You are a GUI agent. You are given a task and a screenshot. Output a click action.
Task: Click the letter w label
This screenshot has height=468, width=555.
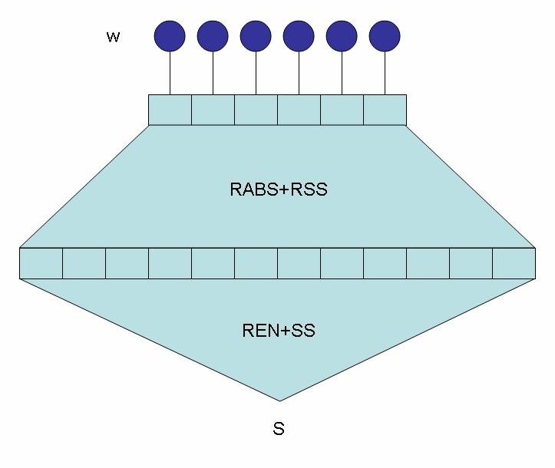point(113,37)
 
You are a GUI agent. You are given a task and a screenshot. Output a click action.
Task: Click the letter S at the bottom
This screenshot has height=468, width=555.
point(279,429)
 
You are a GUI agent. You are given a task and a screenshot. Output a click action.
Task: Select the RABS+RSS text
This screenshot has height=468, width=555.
point(279,190)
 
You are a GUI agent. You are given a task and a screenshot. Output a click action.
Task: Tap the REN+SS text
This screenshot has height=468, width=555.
point(279,331)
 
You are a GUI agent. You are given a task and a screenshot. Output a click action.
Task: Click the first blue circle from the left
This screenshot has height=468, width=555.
point(170,35)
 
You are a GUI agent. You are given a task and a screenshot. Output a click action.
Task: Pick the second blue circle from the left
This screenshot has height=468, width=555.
point(213,35)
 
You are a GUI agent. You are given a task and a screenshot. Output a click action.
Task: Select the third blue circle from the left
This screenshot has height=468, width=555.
point(256,35)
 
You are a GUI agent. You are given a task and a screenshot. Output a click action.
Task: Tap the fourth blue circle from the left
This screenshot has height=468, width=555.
point(299,35)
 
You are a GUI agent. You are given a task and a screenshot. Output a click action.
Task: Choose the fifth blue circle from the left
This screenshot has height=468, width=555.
point(342,35)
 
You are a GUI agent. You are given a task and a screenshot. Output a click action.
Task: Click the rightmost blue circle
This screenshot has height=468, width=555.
point(385,35)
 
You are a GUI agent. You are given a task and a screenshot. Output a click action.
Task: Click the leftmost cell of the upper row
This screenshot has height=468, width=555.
point(170,110)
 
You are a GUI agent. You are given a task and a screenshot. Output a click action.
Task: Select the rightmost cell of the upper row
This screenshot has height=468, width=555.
point(385,110)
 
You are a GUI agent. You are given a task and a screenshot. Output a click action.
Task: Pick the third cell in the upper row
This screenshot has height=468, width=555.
point(256,110)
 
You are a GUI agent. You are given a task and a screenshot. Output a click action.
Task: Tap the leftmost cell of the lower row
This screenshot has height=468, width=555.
point(41,263)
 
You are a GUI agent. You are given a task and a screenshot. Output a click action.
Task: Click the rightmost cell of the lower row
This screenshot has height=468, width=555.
point(514,263)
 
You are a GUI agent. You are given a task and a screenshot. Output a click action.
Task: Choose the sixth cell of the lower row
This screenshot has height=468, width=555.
point(256,263)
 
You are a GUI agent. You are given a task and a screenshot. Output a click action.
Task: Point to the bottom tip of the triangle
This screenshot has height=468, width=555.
point(279,399)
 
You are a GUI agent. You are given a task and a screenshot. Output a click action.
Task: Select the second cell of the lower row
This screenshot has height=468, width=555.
point(84,263)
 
